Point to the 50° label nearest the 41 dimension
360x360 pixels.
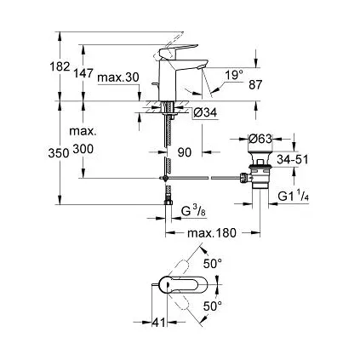pyautogui.click(x=213, y=305)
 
